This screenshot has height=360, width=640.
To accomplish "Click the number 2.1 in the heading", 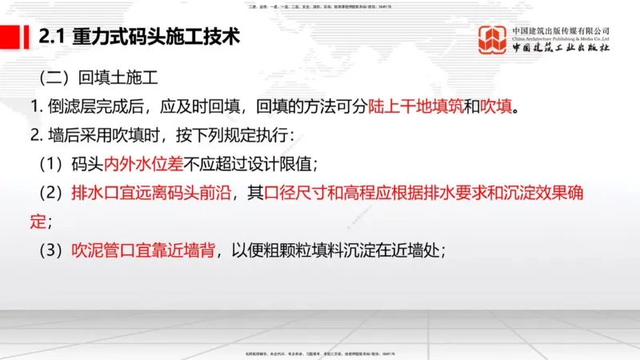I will [52, 37].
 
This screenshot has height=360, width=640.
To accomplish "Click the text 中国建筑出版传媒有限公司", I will [562, 30].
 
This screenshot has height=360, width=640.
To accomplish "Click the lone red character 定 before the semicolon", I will [37, 220].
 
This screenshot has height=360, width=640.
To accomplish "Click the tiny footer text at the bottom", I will [320, 353].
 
